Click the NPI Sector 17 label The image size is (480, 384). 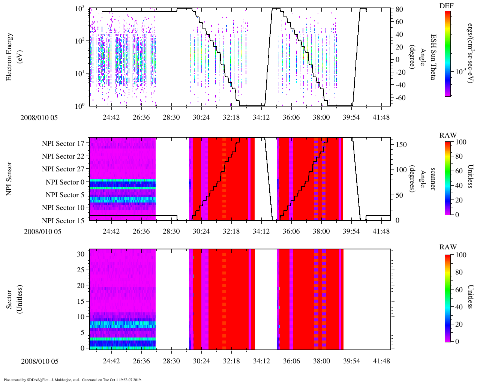point(63,144)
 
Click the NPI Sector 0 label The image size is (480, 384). point(65,182)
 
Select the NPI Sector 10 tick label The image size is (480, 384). point(63,208)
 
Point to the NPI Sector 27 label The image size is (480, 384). point(63,169)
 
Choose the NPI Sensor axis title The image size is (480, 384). point(9,178)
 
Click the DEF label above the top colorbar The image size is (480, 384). point(447,6)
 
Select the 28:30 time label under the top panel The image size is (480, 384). point(171,117)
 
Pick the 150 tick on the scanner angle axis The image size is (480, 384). point(402,145)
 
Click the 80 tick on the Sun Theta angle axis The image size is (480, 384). point(399,9)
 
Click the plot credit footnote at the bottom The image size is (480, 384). point(72,379)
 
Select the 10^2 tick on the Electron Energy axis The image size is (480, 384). point(79,40)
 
